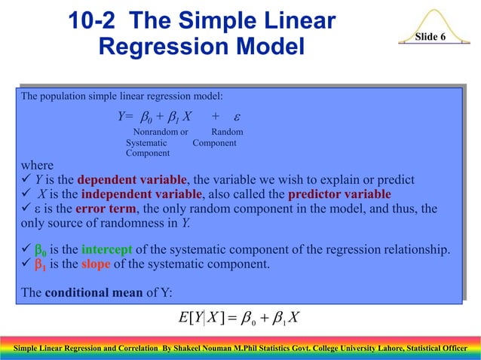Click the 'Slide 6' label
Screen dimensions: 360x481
coord(430,37)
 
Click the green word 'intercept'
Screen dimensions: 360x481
coord(108,250)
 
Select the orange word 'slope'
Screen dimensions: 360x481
coord(95,264)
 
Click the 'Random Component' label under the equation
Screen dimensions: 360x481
coord(219,137)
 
